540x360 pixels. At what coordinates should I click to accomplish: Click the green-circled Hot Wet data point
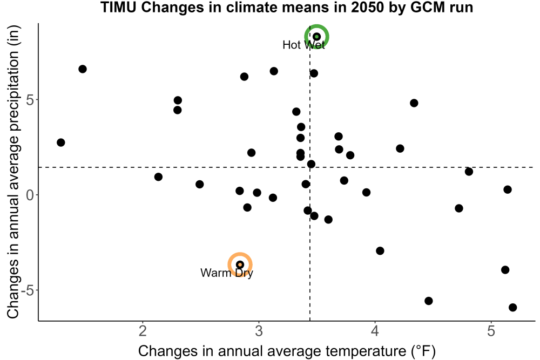click(317, 37)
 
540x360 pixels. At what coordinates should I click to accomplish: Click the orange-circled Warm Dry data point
click(240, 264)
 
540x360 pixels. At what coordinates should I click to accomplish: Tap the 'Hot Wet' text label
click(303, 45)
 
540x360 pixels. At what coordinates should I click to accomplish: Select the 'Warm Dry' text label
click(227, 273)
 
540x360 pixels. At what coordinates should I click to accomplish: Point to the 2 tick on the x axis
click(143, 331)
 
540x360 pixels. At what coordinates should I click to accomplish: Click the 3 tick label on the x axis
click(259, 331)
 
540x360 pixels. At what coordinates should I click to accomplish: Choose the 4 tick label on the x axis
click(375, 331)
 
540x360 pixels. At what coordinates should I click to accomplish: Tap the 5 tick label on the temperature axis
click(491, 331)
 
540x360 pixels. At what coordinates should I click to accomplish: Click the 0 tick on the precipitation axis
click(30, 195)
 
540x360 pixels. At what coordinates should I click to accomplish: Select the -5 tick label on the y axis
click(28, 290)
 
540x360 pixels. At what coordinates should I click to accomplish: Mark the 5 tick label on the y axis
click(30, 100)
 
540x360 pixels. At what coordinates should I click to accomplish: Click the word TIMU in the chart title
click(118, 7)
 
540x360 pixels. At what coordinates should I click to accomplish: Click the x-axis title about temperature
click(287, 351)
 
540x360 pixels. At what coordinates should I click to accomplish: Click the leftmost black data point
click(61, 142)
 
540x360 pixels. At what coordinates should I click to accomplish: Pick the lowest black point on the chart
click(513, 307)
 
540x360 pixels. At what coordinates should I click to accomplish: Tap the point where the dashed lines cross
click(310, 167)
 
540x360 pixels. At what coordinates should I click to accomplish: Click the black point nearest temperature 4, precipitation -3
click(380, 251)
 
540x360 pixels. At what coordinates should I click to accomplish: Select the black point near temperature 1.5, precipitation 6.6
click(83, 69)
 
